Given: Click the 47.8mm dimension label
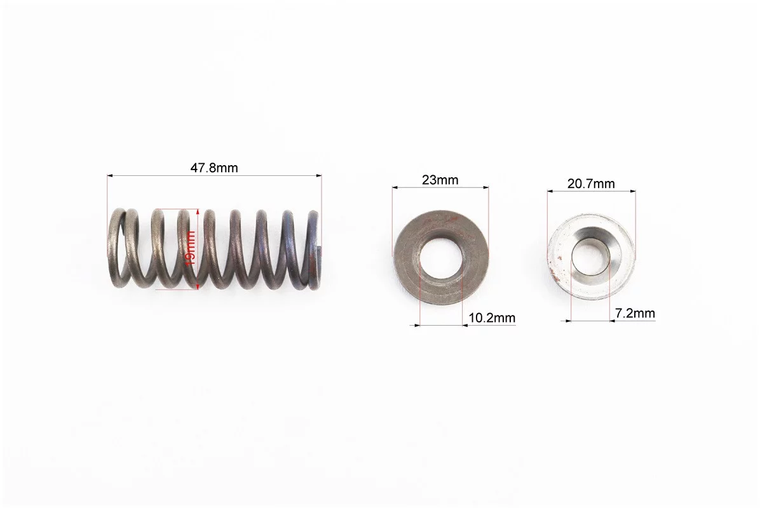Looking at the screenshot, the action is click(x=214, y=168).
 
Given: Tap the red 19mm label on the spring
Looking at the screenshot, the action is click(x=191, y=248).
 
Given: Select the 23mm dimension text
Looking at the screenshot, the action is click(x=440, y=180).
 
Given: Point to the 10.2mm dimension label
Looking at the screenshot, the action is click(x=492, y=318).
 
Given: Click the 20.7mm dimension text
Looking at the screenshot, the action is click(x=591, y=184).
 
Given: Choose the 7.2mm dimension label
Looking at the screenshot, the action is click(x=635, y=313).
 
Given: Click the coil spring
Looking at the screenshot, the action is click(x=215, y=249).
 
